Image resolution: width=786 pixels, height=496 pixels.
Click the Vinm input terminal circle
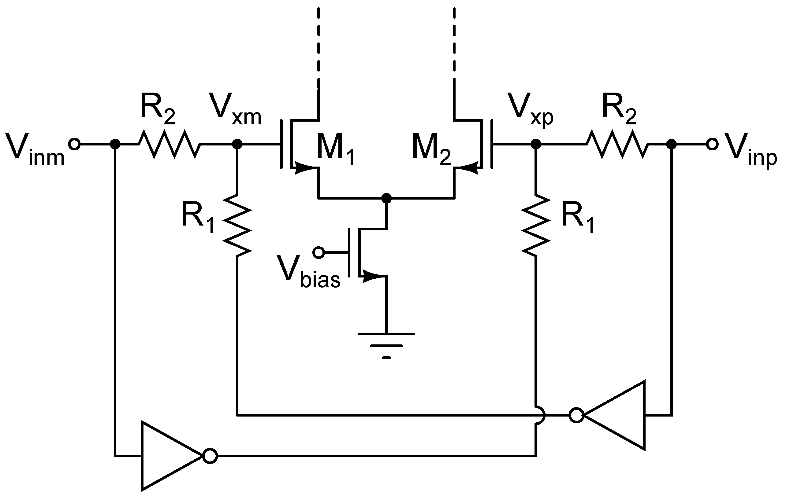74,144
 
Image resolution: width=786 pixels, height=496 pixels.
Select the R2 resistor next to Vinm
169,144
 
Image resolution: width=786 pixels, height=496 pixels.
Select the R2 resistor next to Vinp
617,144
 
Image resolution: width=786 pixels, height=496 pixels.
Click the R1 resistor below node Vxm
237,225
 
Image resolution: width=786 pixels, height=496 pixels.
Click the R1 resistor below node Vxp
536,225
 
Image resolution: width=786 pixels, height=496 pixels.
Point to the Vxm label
235,109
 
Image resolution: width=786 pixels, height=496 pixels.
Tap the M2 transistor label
431,149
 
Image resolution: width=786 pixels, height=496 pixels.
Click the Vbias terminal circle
318,252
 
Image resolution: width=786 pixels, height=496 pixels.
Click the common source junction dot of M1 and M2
386,198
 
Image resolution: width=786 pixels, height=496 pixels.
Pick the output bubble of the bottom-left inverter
210,456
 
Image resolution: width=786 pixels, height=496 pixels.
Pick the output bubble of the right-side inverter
576,415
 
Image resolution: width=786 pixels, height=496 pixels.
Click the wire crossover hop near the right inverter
539,415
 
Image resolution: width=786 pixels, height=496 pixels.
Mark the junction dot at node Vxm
237,144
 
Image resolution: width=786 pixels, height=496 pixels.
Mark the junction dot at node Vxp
536,144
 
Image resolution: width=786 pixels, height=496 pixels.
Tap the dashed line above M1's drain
318,49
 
